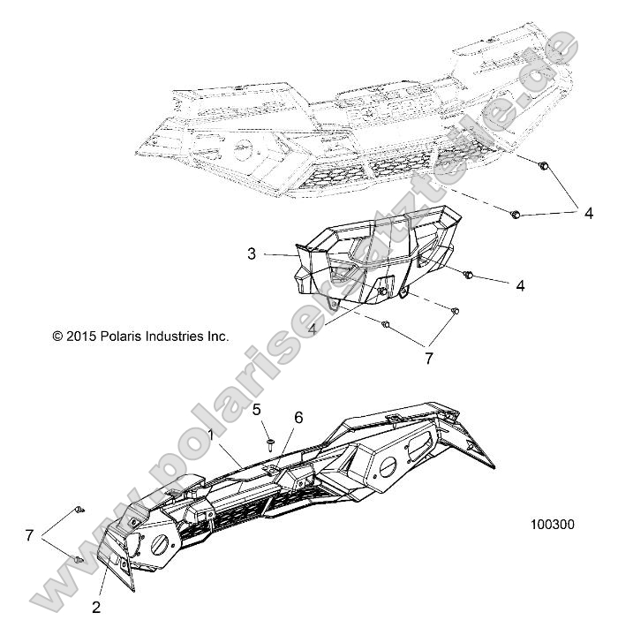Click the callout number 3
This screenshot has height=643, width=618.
252,253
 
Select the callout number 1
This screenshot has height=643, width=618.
210,434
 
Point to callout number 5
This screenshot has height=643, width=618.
257,409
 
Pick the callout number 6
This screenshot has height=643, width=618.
298,417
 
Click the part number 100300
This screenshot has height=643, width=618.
552,524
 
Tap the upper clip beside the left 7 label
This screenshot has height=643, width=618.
80,509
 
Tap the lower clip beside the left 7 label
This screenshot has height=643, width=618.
78,561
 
